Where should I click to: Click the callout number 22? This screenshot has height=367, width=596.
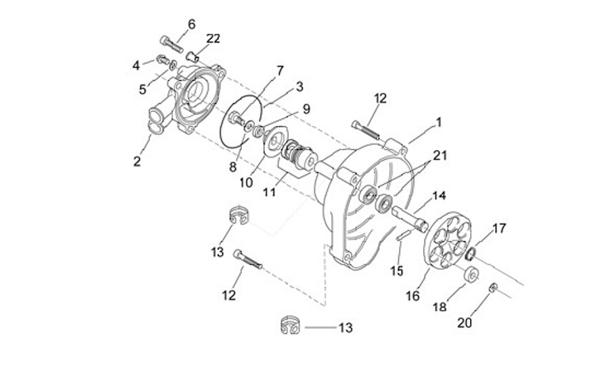coord(214,38)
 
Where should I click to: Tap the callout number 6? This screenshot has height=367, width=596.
coord(191,24)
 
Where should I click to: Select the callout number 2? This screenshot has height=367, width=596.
coord(137,161)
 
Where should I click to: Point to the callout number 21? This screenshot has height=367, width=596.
coord(440,155)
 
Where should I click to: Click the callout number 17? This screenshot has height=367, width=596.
coord(499,228)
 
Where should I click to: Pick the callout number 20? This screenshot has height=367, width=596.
coord(464,322)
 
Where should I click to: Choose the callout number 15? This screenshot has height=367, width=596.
coord(397,271)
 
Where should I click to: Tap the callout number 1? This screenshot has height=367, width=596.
coord(439,123)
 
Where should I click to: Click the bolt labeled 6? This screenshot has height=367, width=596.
coord(172,45)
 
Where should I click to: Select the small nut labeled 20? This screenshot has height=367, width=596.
coord(493,287)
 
